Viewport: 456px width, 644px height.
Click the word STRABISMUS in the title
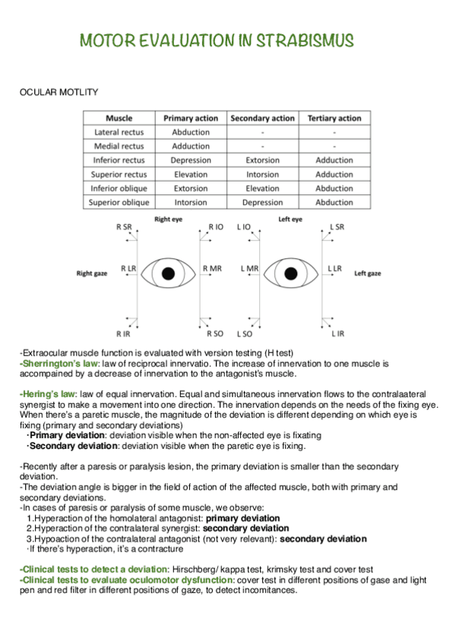click(305, 41)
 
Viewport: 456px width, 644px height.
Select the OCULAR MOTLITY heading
click(58, 92)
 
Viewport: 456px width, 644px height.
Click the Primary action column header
click(191, 118)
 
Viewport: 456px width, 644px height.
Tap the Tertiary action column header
click(334, 118)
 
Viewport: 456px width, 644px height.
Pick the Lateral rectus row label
click(119, 132)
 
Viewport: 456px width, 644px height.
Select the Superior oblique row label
click(119, 203)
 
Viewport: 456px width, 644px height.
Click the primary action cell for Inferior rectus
click(191, 160)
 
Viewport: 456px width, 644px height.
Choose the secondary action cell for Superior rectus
click(262, 175)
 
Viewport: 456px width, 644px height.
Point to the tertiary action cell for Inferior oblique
click(334, 188)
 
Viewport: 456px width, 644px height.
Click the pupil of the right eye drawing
click(169, 273)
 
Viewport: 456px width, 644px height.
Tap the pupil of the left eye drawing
click(290, 273)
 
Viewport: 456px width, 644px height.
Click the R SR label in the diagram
click(123, 227)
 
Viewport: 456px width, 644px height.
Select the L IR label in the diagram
click(337, 333)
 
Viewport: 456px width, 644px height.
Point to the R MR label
click(212, 269)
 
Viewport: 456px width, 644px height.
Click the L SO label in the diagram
click(244, 333)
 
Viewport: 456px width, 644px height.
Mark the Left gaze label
click(368, 273)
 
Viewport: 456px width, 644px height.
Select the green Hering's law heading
click(48, 395)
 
